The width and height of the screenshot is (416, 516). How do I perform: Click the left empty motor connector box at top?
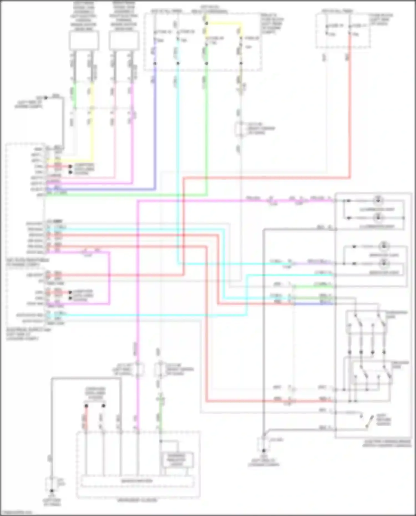83,41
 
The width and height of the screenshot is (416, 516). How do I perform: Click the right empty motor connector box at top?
124,41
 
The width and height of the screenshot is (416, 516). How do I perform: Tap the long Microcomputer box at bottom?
137,481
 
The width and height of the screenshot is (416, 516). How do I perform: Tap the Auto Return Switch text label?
384,420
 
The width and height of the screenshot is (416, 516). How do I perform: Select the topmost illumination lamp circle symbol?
378,200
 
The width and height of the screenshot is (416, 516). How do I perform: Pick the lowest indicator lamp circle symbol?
384,263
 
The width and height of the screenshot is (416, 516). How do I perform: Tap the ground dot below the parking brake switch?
264,451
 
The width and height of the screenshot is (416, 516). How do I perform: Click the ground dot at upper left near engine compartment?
46,98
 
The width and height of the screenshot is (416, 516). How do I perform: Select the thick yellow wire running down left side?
91,125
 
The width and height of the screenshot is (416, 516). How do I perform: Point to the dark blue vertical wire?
155,125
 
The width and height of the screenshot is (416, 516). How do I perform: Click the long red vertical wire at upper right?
350,111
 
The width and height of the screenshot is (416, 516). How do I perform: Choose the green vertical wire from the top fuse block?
206,125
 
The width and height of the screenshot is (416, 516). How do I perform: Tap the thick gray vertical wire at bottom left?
52,430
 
